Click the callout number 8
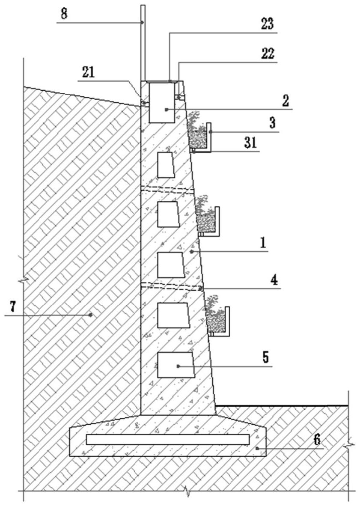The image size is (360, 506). pos(65,14)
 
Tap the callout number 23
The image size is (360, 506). pos(268,24)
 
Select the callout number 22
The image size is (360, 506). pos(268,54)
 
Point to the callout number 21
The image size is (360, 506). pos(88,72)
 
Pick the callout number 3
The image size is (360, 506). pos(273,123)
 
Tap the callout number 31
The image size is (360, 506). pos(250,142)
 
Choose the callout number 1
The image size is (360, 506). pos(264,243)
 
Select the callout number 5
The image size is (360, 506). pos(265,357)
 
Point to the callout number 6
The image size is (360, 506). pos(318,440)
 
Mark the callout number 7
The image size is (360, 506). pos(12,307)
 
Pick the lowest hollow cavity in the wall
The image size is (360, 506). pos(176,365)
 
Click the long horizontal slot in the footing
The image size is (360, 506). pos(168,439)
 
